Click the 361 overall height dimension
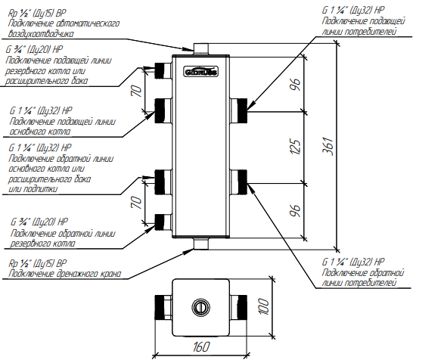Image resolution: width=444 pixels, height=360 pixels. pyautogui.click(x=328, y=147)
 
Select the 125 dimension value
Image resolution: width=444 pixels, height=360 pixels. pyautogui.click(x=296, y=147)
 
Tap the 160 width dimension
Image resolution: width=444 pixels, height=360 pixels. pyautogui.click(x=201, y=346)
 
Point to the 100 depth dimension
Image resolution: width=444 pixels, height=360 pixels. pyautogui.click(x=264, y=306)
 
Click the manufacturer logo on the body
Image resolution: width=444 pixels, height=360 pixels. pyautogui.click(x=201, y=72)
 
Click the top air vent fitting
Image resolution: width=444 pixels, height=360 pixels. pyautogui.click(x=201, y=48)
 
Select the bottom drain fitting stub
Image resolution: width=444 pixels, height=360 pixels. pyautogui.click(x=201, y=244)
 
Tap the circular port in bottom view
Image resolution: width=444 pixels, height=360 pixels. pyautogui.click(x=201, y=307)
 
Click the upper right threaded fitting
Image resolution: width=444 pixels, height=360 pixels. pyautogui.click(x=238, y=110)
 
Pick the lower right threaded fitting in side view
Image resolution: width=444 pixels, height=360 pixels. pyautogui.click(x=238, y=182)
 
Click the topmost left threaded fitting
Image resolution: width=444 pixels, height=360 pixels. pyautogui.click(x=163, y=70)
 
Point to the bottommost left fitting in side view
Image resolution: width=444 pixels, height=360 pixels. pyautogui.click(x=163, y=222)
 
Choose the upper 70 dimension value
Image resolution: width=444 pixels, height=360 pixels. pyautogui.click(x=136, y=91)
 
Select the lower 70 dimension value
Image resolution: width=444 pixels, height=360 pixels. pyautogui.click(x=136, y=203)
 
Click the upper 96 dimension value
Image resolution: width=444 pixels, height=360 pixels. pyautogui.click(x=295, y=84)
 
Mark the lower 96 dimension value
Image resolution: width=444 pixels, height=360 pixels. pyautogui.click(x=295, y=210)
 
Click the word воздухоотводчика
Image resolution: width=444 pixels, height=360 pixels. pyautogui.click(x=41, y=34)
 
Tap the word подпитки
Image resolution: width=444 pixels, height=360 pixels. pyautogui.click(x=33, y=189)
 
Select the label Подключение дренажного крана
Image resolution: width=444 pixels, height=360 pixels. pyautogui.click(x=65, y=274)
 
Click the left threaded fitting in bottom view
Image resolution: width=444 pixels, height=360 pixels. pyautogui.click(x=163, y=307)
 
